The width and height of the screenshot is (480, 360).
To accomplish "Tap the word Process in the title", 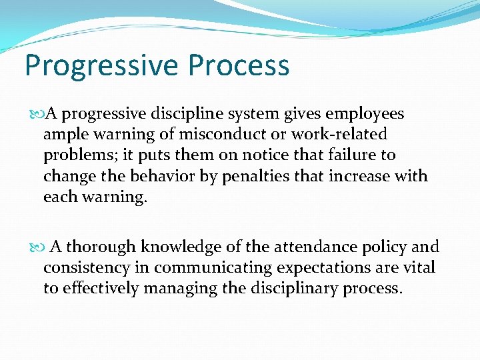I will (x=239, y=66).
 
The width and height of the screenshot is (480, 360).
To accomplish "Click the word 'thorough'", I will (x=102, y=247).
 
